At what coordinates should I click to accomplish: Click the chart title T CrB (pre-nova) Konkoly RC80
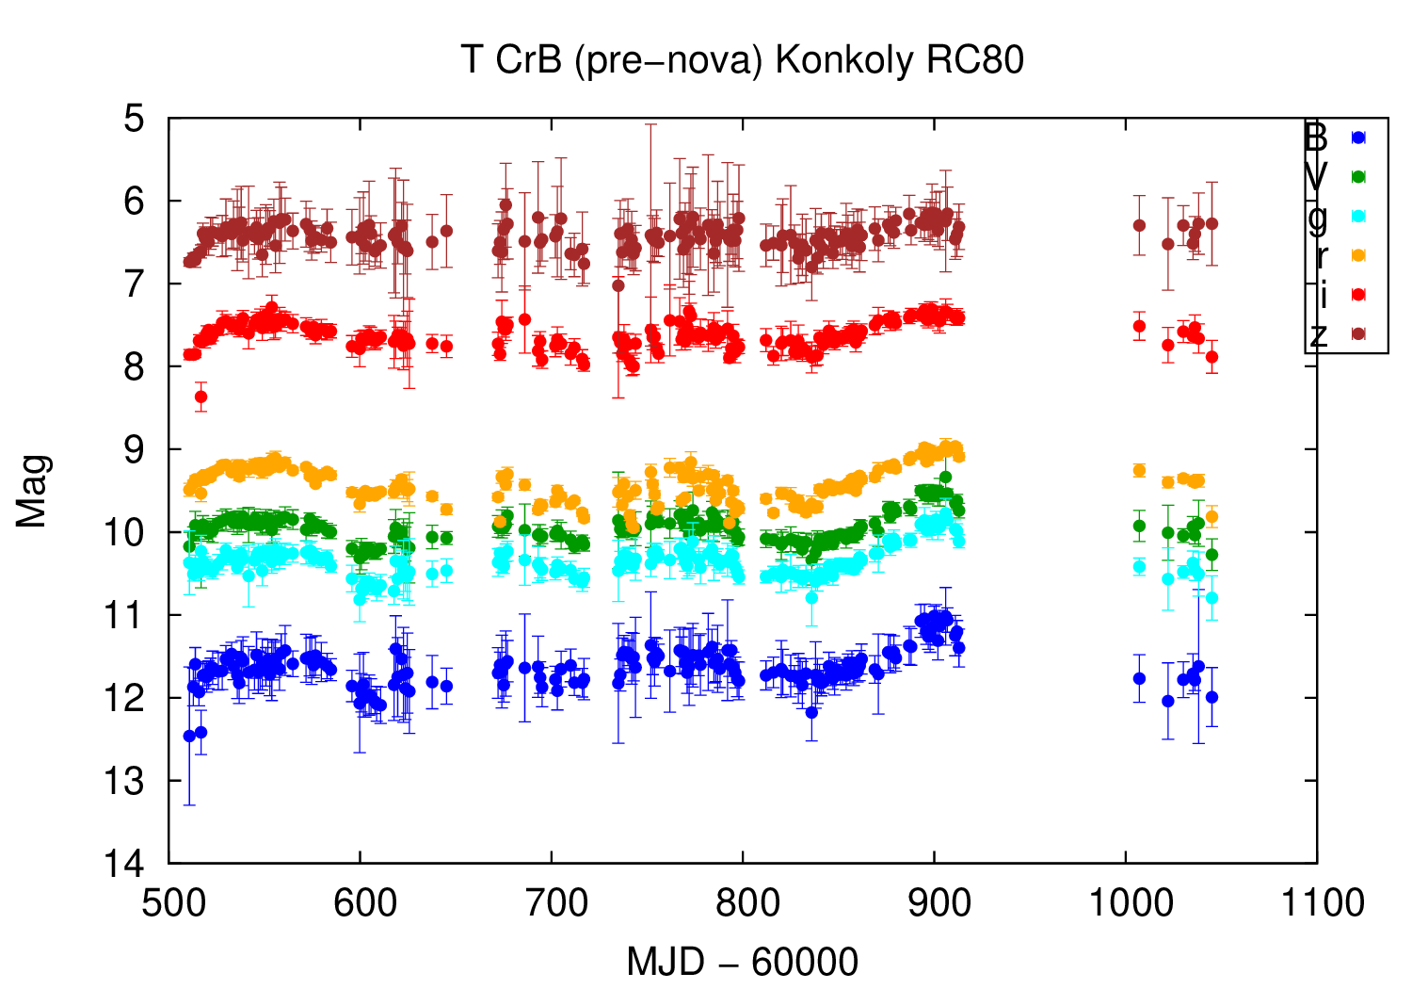(742, 60)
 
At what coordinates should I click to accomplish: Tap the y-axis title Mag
(32, 491)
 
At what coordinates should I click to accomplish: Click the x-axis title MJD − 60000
(742, 962)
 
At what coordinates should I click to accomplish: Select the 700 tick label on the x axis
(552, 903)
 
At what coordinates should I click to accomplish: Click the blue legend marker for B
(1357, 138)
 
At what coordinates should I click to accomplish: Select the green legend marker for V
(1357, 176)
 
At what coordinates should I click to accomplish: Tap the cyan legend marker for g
(1357, 216)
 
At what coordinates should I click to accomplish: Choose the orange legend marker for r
(1357, 255)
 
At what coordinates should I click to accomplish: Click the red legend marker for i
(1357, 294)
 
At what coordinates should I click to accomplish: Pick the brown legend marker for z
(1357, 333)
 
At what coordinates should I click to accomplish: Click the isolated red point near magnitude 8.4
(201, 397)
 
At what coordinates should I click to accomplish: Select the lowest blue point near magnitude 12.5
(189, 736)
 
